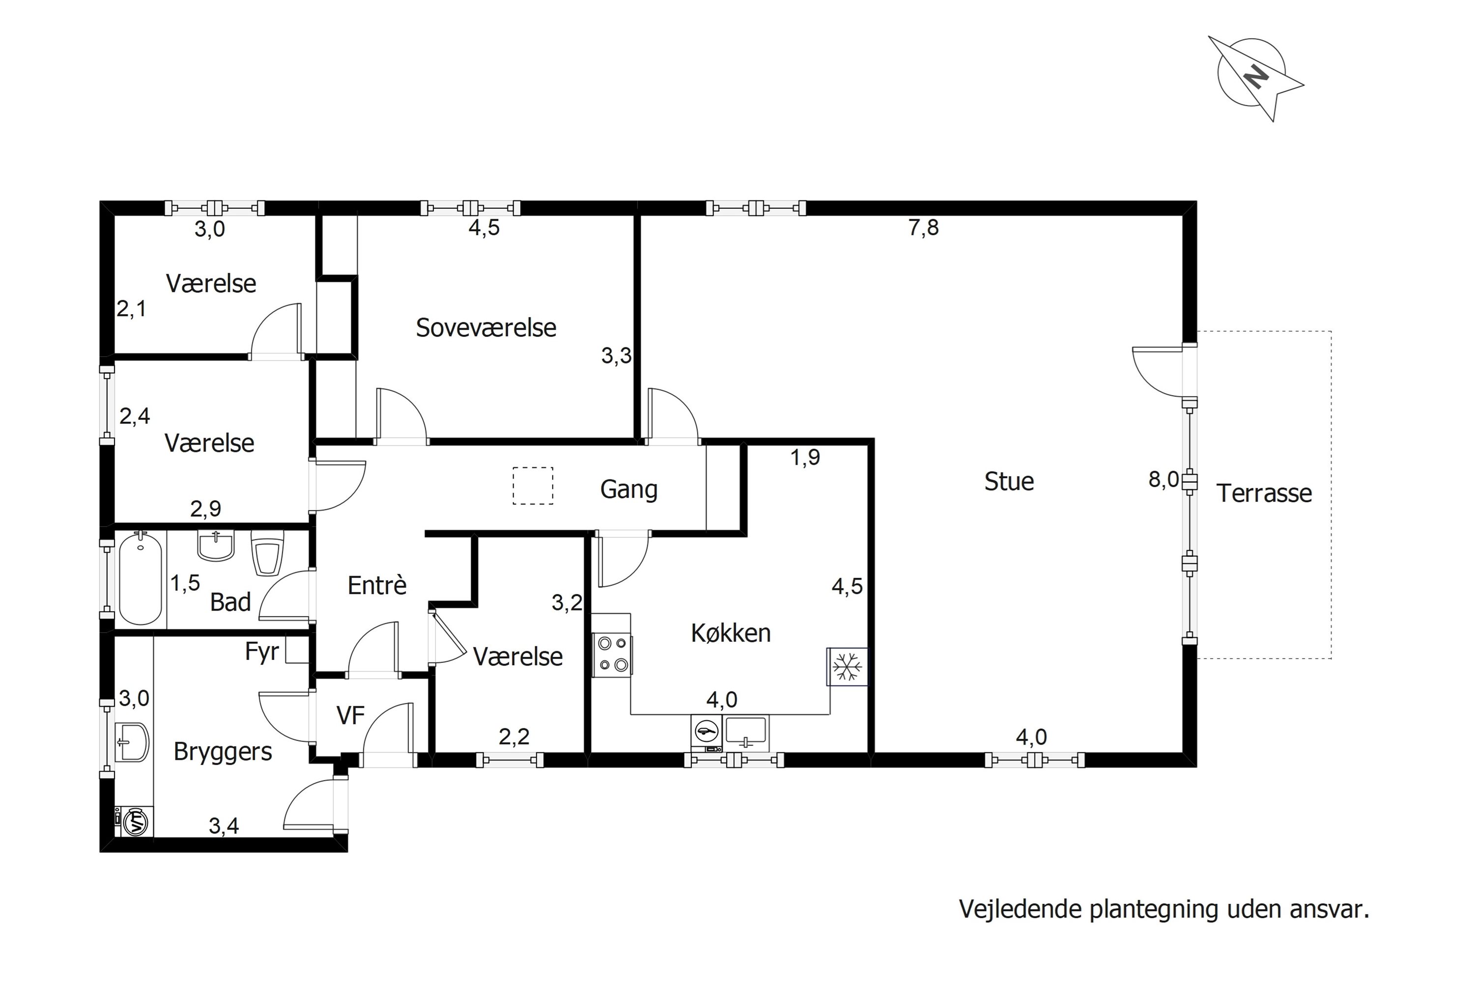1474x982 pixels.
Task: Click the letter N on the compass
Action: pos(1256,77)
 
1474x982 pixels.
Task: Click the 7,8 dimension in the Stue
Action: pos(923,227)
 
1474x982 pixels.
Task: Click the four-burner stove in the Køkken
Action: pos(612,654)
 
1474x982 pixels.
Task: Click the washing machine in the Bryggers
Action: pos(135,821)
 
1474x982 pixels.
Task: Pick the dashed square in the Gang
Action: pos(533,486)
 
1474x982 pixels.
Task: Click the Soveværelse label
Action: pos(486,328)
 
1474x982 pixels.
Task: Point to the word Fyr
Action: pos(261,652)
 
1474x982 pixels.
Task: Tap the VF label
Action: pos(350,715)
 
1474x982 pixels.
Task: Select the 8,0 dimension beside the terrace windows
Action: pos(1163,480)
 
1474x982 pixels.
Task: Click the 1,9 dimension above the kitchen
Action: pos(805,458)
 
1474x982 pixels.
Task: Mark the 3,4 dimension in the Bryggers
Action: pos(224,826)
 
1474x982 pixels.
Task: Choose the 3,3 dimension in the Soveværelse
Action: pos(616,355)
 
